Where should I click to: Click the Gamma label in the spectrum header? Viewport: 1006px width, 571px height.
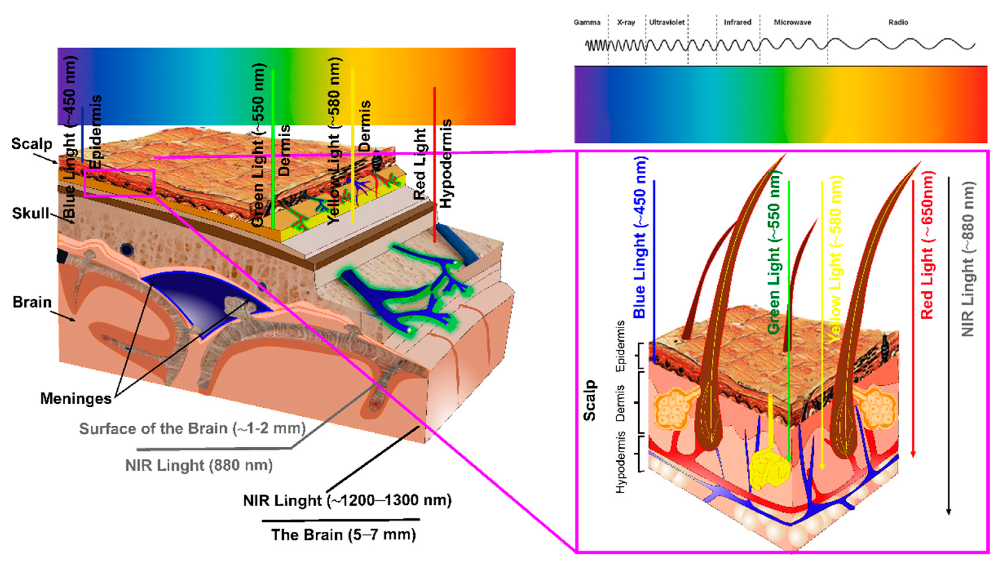click(x=587, y=22)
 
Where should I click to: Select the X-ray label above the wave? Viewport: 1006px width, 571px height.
click(x=626, y=22)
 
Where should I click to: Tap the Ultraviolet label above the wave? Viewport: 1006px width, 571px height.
click(x=666, y=22)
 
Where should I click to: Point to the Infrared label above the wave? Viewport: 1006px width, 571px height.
click(x=737, y=22)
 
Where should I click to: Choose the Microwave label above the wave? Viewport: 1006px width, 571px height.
click(x=792, y=22)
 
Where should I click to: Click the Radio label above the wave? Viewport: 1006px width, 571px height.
click(x=898, y=22)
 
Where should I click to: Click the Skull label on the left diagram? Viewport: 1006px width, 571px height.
click(x=31, y=214)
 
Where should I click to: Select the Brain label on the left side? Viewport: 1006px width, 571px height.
click(x=32, y=302)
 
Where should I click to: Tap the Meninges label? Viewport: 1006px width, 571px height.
click(x=76, y=399)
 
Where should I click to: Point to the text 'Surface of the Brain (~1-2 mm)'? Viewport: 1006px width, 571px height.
click(x=192, y=429)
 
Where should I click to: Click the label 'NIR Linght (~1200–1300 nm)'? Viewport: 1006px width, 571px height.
click(x=347, y=501)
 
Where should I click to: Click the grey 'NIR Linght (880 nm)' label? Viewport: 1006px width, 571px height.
click(x=199, y=466)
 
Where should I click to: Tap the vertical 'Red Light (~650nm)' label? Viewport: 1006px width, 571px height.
click(x=927, y=245)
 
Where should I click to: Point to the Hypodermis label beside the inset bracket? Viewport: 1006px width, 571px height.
click(x=621, y=462)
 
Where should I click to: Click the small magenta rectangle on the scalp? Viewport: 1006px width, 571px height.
click(x=119, y=182)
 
